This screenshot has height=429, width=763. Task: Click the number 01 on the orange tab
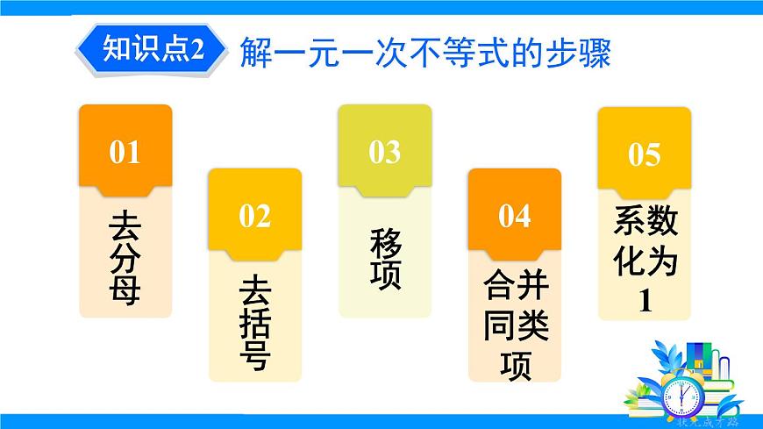(x=125, y=153)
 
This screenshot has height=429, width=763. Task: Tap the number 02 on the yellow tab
(x=254, y=215)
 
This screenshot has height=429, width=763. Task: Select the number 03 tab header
(x=384, y=152)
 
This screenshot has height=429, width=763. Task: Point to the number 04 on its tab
(x=514, y=215)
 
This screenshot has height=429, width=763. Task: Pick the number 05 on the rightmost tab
(x=644, y=155)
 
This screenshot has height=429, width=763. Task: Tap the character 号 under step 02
(x=254, y=354)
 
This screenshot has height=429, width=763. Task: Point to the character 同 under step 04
(x=498, y=325)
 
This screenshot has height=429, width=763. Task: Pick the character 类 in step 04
(x=531, y=325)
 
